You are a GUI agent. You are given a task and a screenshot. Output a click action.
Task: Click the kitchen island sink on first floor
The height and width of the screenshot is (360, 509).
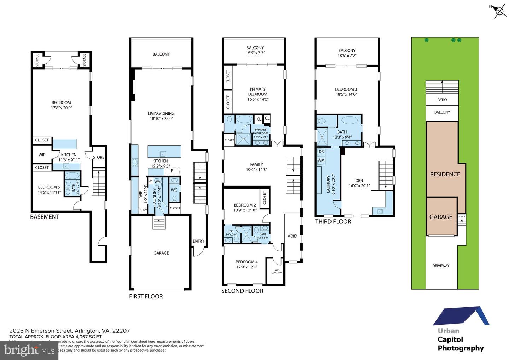coord(163,154)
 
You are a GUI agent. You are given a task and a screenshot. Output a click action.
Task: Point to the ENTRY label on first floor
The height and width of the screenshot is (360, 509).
coord(198,241)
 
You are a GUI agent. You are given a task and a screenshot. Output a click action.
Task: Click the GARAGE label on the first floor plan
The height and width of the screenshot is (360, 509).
coord(161,253)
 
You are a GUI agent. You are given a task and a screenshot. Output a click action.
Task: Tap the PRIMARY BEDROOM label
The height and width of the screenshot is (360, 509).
coord(258,92)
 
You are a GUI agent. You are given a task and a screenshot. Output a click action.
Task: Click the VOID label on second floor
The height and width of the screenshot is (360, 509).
coord(292,236)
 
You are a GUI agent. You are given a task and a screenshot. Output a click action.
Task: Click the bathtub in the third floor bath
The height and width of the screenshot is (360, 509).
coord(350,120)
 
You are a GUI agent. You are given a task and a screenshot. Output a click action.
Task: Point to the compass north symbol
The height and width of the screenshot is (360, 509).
coord(499,11)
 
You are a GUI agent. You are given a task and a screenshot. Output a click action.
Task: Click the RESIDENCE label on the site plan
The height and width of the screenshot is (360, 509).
coord(445,174)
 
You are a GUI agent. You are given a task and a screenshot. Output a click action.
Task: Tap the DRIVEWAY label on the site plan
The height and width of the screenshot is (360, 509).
coord(441,266)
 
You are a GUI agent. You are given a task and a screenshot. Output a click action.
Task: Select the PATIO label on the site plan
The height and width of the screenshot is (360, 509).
coord(442,100)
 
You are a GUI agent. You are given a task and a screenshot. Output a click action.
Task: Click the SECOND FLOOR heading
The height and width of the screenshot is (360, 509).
coord(242,291)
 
